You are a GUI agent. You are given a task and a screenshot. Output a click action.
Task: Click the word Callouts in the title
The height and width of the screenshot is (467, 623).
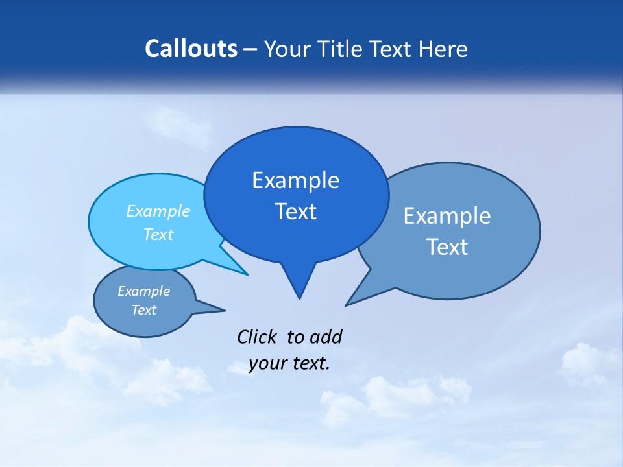pyautogui.click(x=191, y=49)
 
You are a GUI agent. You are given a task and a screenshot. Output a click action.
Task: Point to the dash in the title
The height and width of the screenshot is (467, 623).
pyautogui.click(x=251, y=49)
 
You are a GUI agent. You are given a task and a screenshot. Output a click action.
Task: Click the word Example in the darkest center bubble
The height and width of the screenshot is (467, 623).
pyautogui.click(x=295, y=180)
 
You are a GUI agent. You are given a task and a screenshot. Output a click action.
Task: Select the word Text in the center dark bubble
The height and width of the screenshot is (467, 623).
pyautogui.click(x=295, y=211)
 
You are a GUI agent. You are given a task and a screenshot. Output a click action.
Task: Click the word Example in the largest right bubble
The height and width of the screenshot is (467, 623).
pyautogui.click(x=447, y=216)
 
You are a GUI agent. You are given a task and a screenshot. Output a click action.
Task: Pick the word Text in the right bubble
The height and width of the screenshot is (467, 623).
pyautogui.click(x=447, y=246)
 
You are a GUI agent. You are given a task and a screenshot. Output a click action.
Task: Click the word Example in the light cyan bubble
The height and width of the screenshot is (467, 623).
pyautogui.click(x=158, y=211)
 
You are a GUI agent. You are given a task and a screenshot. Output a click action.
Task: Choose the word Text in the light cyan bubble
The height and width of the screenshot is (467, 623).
pyautogui.click(x=158, y=234)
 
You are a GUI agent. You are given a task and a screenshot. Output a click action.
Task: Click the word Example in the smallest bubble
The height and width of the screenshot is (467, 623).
pyautogui.click(x=143, y=291)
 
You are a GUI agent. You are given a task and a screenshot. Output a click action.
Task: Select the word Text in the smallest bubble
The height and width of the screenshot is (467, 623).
pyautogui.click(x=143, y=310)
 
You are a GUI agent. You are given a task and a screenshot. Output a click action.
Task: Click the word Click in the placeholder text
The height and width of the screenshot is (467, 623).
pyautogui.click(x=258, y=337)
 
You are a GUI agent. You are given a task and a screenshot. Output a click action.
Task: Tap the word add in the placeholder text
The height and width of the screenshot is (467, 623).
pyautogui.click(x=325, y=337)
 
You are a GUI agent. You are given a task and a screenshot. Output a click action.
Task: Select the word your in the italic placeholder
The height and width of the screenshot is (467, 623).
pyautogui.click(x=267, y=363)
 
